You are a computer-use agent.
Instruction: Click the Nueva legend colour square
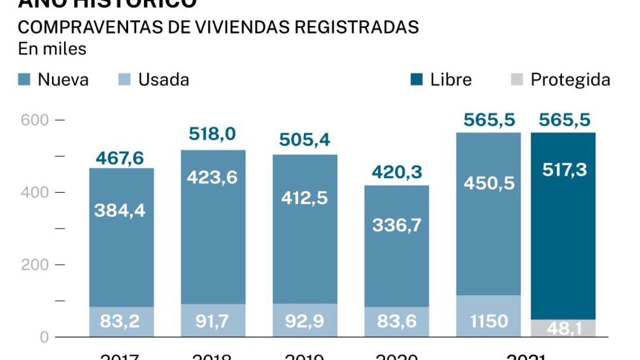[24, 79]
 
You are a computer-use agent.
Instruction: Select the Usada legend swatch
[124, 79]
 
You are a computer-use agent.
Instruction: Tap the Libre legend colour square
[417, 79]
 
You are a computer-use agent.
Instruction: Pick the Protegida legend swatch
[517, 79]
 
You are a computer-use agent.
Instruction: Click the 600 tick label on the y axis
[35, 120]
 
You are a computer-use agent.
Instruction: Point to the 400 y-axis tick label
[35, 192]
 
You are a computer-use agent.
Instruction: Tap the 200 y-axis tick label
[35, 265]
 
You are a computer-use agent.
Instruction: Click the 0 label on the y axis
[44, 337]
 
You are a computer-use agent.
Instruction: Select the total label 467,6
[120, 158]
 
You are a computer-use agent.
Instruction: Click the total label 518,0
[212, 134]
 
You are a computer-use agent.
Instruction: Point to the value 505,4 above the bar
[305, 140]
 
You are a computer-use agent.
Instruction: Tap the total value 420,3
[397, 172]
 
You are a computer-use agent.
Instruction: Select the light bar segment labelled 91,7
[213, 320]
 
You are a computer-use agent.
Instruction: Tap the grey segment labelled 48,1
[563, 328]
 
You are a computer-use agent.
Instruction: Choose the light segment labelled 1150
[488, 316]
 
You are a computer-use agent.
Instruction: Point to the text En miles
[52, 49]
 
